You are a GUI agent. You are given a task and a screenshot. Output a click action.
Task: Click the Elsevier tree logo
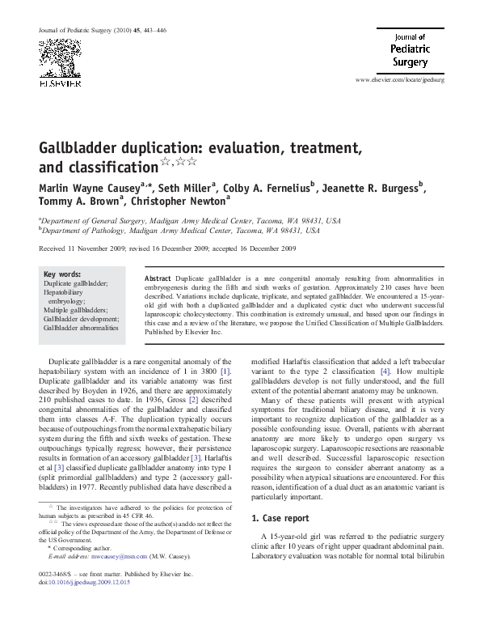61,62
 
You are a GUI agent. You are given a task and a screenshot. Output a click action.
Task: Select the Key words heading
62,274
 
